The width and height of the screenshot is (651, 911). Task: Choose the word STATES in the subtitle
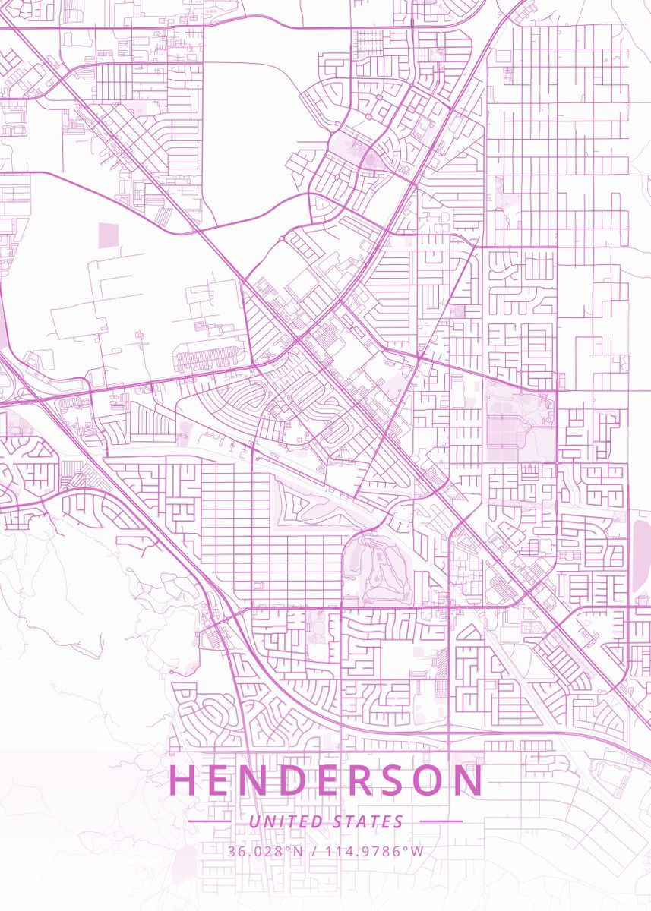368,821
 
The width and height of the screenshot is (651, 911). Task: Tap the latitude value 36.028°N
264,851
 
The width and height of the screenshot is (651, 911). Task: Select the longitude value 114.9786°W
375,851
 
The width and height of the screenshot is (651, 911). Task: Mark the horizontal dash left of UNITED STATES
210,821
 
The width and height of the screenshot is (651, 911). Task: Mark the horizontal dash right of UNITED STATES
441,821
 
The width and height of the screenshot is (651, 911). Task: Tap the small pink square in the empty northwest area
109,235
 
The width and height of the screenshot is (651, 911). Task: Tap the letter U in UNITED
254,821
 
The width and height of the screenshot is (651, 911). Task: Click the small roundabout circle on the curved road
281,238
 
